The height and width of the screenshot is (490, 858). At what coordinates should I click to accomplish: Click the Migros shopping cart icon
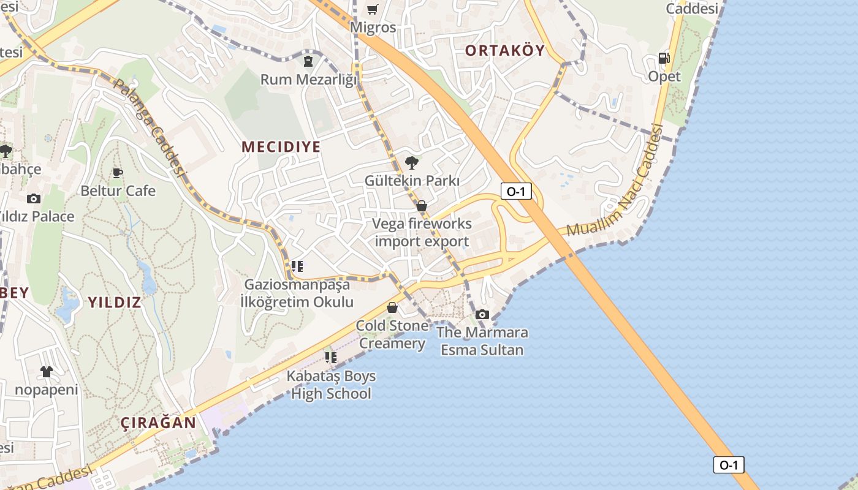click(x=372, y=9)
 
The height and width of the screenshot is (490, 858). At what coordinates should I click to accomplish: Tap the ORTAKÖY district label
click(x=504, y=50)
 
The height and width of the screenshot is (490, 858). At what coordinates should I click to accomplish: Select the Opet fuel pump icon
click(x=664, y=58)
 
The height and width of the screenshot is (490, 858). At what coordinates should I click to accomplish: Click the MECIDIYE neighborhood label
click(x=281, y=147)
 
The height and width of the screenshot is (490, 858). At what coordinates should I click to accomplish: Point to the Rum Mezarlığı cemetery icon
click(x=308, y=61)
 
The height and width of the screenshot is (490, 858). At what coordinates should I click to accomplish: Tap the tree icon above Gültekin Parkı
click(x=412, y=162)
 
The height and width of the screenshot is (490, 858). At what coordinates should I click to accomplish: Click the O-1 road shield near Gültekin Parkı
click(x=516, y=191)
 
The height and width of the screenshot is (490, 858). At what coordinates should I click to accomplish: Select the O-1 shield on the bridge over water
click(x=729, y=464)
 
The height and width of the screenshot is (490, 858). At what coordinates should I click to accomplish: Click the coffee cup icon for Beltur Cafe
click(x=118, y=173)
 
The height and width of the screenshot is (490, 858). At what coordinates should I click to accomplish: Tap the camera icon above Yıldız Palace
click(x=34, y=198)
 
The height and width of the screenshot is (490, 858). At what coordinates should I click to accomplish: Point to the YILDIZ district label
click(x=115, y=302)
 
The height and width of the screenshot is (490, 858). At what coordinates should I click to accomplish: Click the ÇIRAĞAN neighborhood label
click(x=158, y=423)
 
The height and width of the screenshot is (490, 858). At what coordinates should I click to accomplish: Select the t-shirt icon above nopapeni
click(x=47, y=371)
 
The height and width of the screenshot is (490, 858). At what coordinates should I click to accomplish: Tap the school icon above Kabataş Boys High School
click(x=331, y=357)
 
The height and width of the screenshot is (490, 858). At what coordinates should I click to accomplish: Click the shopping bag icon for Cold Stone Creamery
click(x=392, y=307)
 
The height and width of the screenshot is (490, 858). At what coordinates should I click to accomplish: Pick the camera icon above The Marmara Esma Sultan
click(x=482, y=314)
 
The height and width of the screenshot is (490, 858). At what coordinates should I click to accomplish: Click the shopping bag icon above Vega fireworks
click(x=422, y=206)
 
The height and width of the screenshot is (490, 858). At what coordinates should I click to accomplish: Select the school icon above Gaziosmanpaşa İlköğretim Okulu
click(x=297, y=266)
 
